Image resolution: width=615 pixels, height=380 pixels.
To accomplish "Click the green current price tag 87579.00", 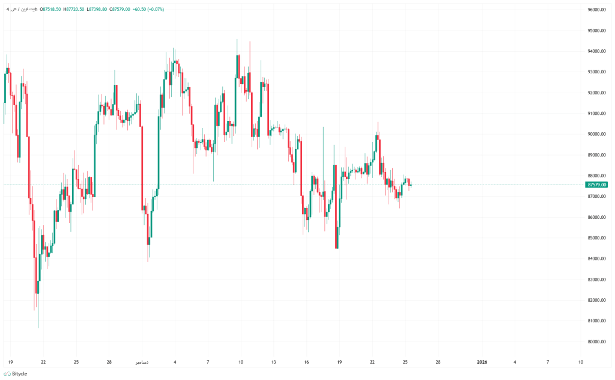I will click(x=598, y=185).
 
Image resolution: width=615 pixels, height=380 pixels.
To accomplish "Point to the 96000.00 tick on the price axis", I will click(x=598, y=10).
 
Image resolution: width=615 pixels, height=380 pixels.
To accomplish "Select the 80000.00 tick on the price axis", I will click(x=598, y=342).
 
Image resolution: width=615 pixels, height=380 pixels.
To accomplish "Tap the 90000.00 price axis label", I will click(x=598, y=134).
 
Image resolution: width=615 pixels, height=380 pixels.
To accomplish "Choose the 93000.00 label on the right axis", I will click(x=598, y=72).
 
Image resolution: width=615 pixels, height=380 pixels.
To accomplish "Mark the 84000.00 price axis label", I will click(x=598, y=259).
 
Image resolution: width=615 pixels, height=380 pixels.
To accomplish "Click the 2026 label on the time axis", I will click(x=482, y=362).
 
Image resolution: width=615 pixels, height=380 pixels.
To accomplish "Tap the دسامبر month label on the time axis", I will click(x=142, y=362).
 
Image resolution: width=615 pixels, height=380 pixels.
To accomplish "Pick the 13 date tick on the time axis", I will click(x=273, y=362).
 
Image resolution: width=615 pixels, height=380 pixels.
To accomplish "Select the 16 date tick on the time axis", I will click(x=306, y=362).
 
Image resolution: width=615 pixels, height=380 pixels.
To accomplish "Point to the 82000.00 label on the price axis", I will click(x=598, y=300).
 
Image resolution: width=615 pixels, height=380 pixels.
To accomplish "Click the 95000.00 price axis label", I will click(x=598, y=31).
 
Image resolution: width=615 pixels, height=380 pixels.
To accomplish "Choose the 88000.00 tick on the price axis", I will click(x=598, y=176).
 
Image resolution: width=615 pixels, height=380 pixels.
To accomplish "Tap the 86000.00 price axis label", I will click(x=598, y=217).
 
